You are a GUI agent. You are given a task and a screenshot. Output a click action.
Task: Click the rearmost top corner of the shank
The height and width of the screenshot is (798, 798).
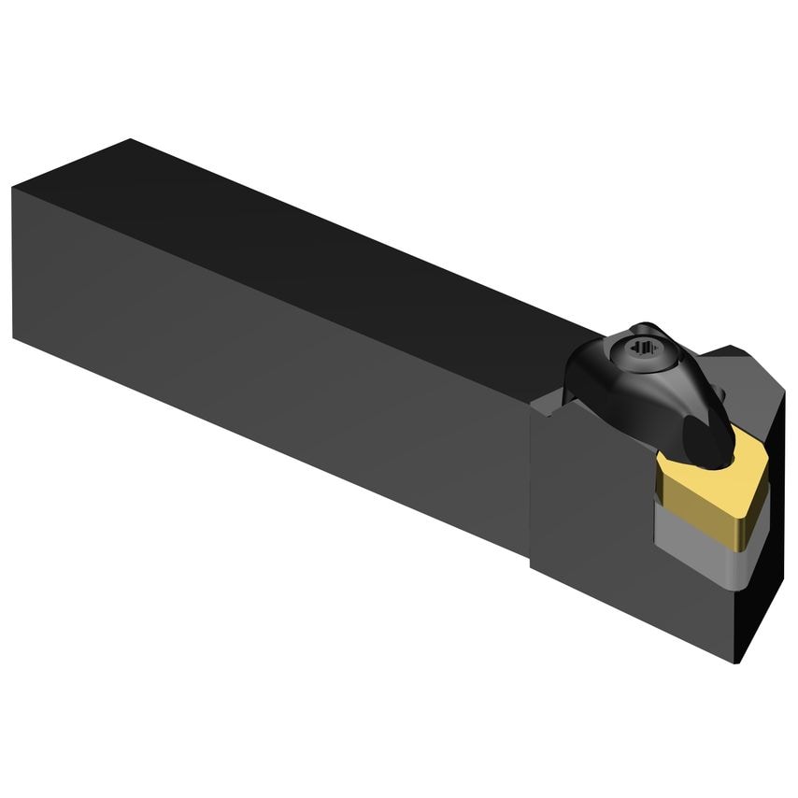pyautogui.click(x=132, y=140)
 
